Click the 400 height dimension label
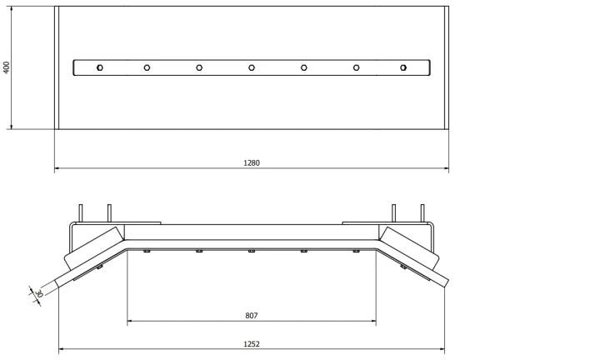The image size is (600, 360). (6, 67)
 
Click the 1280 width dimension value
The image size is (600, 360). (252, 163)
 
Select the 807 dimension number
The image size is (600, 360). (252, 316)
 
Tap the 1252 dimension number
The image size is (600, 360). (252, 344)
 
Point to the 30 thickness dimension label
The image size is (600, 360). (38, 294)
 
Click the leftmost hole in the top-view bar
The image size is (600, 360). (99, 67)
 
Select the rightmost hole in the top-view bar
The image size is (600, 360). (403, 67)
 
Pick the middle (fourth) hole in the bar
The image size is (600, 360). (252, 67)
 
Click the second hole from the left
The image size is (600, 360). (147, 67)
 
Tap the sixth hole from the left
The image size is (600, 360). (357, 67)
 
